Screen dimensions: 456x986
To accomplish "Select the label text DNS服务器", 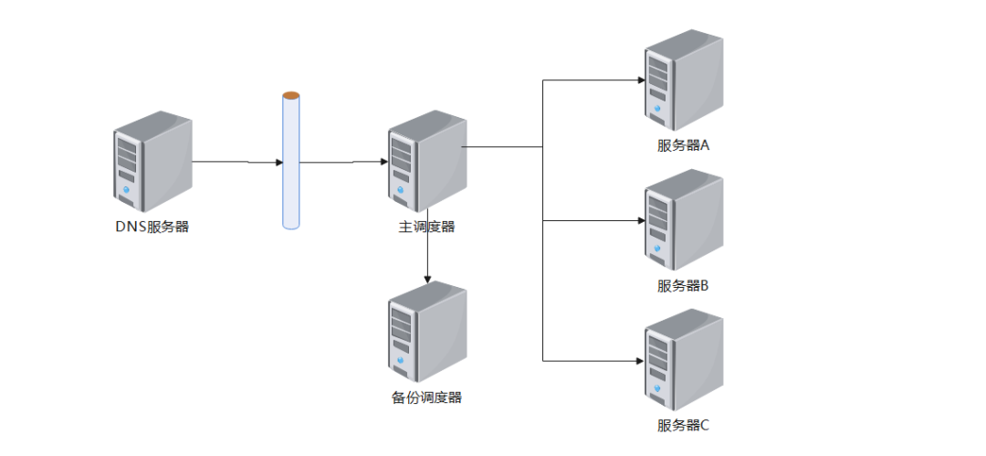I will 152,227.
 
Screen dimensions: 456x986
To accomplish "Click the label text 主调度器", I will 426,227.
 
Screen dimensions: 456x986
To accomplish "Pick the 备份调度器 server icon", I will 426,333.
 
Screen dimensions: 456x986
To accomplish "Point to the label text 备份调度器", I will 426,398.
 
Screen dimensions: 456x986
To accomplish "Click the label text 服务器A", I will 683,145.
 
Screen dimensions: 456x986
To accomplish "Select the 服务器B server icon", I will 683,220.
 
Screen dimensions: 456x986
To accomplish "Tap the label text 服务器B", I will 683,285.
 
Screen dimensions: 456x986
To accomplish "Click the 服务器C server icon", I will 683,360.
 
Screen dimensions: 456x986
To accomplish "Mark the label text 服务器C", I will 683,425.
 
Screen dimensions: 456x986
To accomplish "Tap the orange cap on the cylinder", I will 290,95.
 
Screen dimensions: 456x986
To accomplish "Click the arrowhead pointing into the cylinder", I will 278,163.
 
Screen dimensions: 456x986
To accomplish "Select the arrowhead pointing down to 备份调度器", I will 426,277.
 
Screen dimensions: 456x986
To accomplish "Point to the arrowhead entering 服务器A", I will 639,80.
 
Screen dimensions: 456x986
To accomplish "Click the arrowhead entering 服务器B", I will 639,220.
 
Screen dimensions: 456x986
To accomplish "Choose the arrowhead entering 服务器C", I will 639,360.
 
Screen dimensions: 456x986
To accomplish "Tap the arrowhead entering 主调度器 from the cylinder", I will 383,163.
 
